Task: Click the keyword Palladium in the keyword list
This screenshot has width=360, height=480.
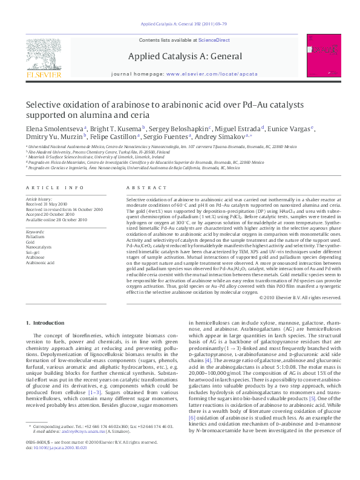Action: coord(35,237)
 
